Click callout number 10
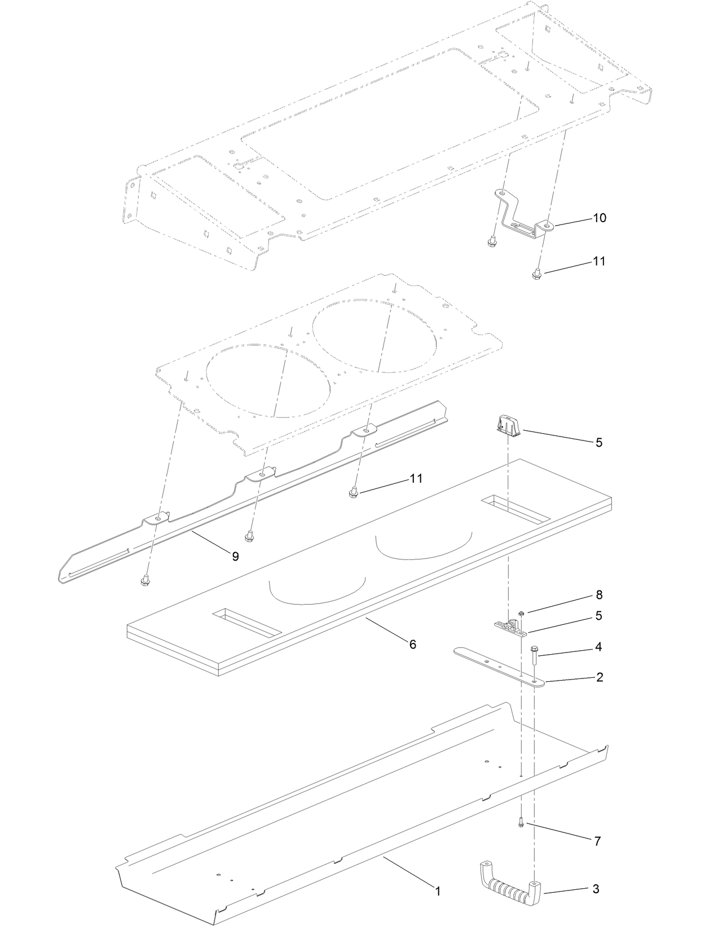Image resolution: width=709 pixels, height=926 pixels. pyautogui.click(x=599, y=218)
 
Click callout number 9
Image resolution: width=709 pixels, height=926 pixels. pyautogui.click(x=235, y=557)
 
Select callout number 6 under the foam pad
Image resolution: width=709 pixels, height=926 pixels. pyautogui.click(x=412, y=644)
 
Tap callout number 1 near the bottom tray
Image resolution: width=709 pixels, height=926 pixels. pyautogui.click(x=437, y=892)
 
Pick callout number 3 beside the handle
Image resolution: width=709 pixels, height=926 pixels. pyautogui.click(x=596, y=889)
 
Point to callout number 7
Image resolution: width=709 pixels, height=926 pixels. pyautogui.click(x=597, y=841)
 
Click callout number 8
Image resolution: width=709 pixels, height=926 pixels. pyautogui.click(x=599, y=595)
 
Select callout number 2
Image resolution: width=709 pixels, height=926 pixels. pyautogui.click(x=599, y=677)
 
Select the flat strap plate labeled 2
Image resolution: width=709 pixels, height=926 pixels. pyautogui.click(x=496, y=667)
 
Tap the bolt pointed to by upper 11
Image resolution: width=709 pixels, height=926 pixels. pyautogui.click(x=536, y=274)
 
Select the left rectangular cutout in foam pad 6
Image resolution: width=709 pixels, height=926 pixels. pyautogui.click(x=246, y=621)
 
